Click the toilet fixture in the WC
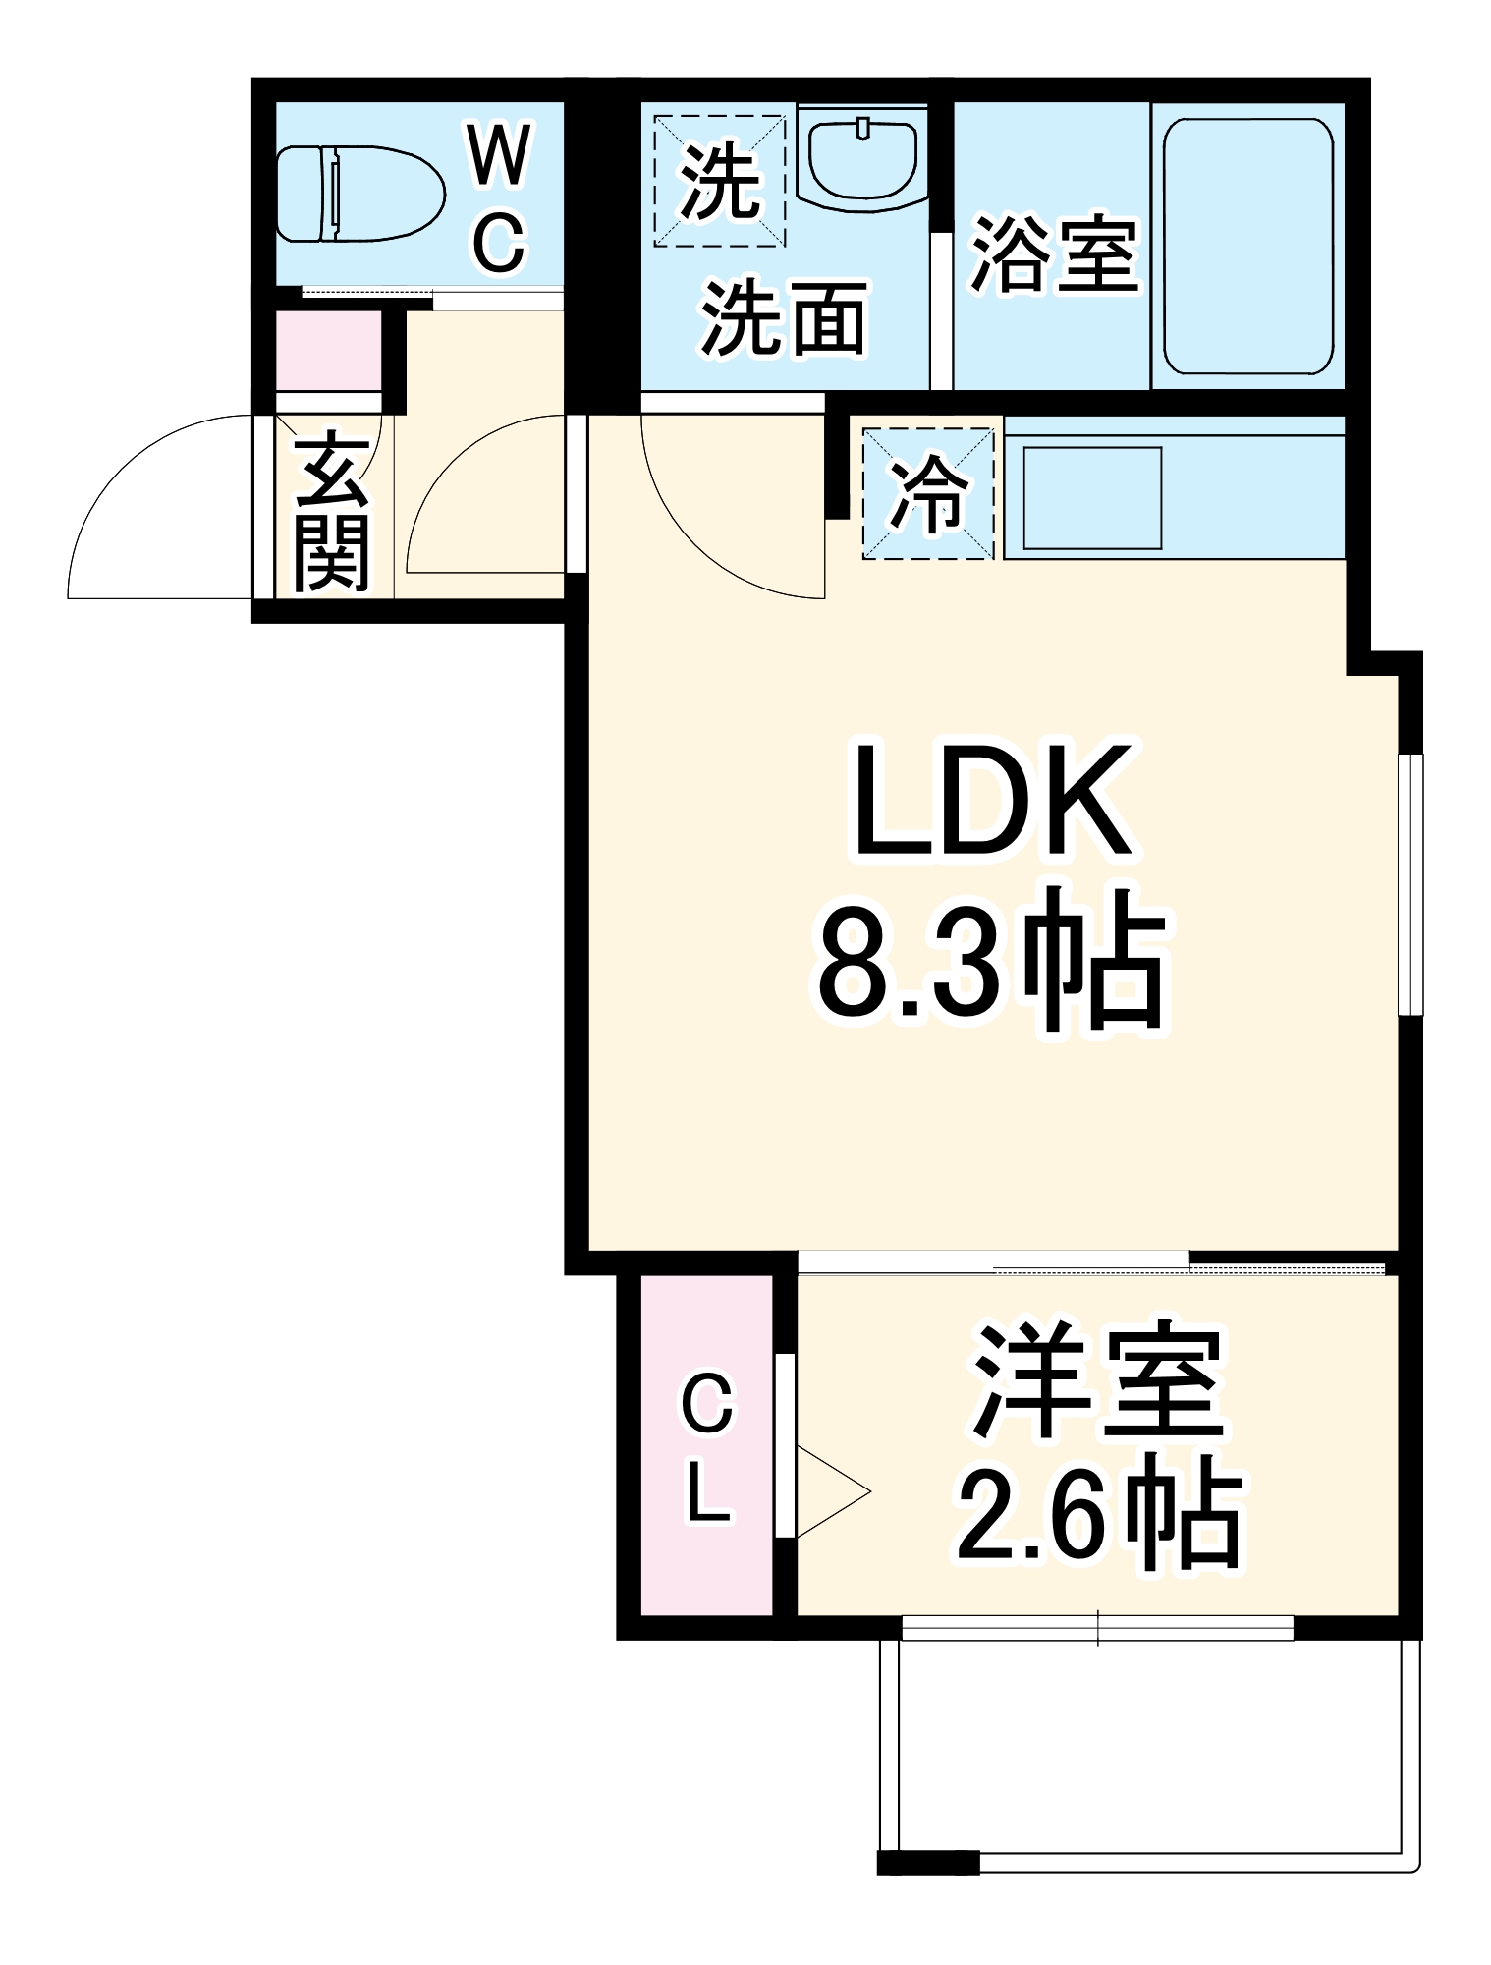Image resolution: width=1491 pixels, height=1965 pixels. click(x=359, y=194)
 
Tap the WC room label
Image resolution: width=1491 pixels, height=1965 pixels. click(x=500, y=196)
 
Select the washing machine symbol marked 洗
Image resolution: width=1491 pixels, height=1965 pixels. click(x=720, y=181)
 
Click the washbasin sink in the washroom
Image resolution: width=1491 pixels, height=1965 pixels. click(x=862, y=157)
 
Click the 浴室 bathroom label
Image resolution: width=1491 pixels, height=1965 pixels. click(x=1054, y=253)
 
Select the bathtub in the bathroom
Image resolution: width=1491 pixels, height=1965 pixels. click(x=1247, y=246)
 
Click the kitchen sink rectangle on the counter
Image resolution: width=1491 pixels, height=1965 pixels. click(x=1092, y=497)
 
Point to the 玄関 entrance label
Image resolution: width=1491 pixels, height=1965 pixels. click(x=331, y=511)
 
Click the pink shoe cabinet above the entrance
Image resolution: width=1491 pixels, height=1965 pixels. click(x=328, y=350)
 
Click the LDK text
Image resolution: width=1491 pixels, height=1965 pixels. click(x=992, y=801)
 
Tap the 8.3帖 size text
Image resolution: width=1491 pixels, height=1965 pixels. click(x=992, y=958)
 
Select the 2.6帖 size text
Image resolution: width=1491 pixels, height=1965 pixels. click(x=1097, y=1518)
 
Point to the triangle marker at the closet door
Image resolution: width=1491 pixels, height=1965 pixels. click(x=830, y=1491)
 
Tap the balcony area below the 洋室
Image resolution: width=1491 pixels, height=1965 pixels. click(x=1149, y=1749)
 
